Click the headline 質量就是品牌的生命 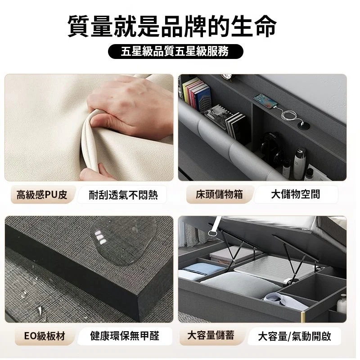172,26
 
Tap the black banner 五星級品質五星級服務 175,51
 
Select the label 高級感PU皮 42,195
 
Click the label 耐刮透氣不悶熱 123,195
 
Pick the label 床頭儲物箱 219,194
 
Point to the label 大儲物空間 296,194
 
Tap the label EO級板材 45,336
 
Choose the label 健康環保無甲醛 125,336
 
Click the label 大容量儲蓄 211,335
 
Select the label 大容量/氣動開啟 295,336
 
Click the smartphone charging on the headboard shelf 265,100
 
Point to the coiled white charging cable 290,116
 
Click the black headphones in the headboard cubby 271,147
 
